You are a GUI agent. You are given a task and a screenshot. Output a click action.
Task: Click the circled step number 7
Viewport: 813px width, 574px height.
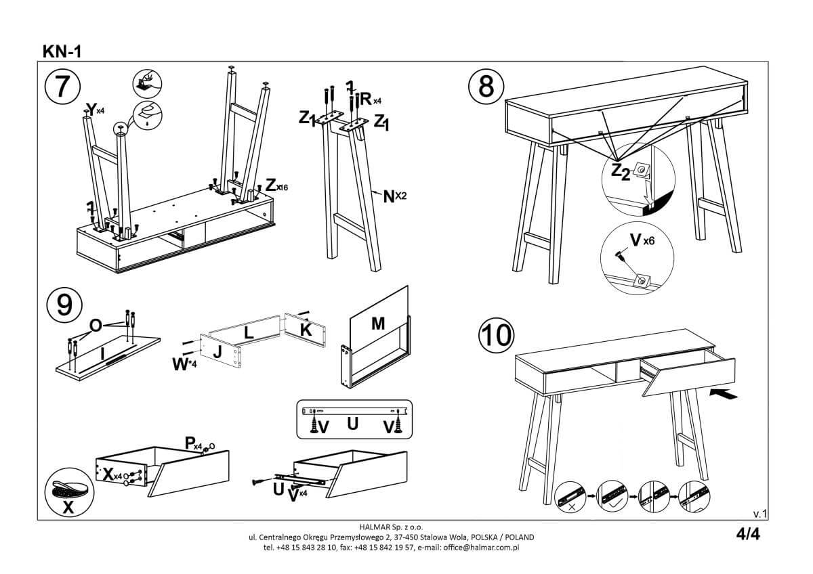click(63, 87)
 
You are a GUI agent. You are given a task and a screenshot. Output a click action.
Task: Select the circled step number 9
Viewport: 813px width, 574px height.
click(64, 306)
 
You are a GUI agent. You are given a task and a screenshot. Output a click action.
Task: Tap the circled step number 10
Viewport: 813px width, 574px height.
click(497, 334)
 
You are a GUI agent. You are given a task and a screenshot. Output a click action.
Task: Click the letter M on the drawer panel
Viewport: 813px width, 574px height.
click(378, 324)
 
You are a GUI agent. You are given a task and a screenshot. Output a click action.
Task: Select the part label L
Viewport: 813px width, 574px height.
click(248, 332)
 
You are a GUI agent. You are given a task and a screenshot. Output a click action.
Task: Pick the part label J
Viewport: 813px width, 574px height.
click(217, 353)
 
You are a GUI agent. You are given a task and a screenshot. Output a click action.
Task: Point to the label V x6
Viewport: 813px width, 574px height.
click(640, 241)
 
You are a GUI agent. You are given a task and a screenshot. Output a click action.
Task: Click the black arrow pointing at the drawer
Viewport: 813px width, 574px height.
click(723, 394)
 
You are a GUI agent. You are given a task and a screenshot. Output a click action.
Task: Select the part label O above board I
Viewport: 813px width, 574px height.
click(96, 326)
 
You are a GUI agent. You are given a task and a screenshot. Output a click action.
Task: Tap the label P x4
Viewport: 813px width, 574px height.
click(194, 443)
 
